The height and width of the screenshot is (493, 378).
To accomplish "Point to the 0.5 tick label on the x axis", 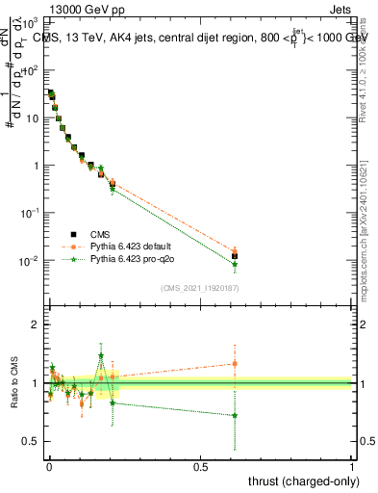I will pos(200,465).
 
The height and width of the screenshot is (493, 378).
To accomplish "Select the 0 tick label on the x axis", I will pos(49,465).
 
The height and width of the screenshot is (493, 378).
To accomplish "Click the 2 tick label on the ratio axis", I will pos(36,324).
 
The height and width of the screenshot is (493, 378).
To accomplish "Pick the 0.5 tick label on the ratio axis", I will pos(31,441).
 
